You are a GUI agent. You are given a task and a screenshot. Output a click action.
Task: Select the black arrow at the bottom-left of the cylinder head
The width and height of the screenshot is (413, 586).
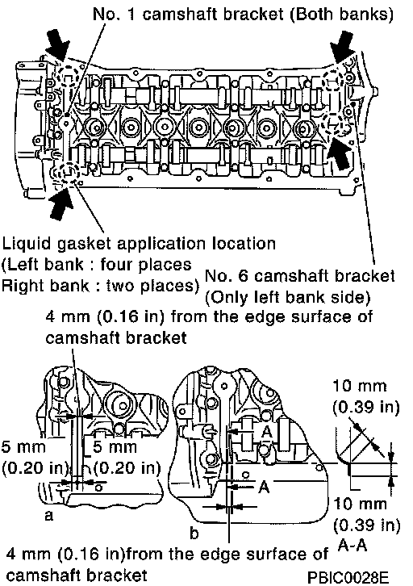click(60, 205)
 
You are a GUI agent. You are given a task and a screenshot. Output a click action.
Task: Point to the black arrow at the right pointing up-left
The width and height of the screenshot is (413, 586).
click(339, 153)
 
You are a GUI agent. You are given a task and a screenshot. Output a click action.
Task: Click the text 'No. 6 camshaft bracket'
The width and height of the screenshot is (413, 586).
click(300, 276)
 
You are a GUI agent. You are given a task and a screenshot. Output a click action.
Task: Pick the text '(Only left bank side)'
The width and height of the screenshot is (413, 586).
click(288, 298)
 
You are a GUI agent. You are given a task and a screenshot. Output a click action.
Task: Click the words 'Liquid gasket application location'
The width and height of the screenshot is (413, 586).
click(139, 244)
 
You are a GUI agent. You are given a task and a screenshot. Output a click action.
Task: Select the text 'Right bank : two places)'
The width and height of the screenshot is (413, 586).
click(101, 286)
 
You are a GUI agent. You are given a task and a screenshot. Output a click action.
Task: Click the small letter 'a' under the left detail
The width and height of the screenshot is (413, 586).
click(49, 515)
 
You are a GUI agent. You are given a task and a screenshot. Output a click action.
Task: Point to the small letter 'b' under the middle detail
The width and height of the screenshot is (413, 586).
click(194, 533)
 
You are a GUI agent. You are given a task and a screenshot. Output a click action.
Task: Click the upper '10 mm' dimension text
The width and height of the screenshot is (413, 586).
click(360, 385)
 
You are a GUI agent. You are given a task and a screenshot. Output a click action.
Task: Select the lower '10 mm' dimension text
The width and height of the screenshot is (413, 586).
click(360, 504)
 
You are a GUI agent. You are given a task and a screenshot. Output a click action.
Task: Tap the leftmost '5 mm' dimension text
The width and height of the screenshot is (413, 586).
click(23, 447)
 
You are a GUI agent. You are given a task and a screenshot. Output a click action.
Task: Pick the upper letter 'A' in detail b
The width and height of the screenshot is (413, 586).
click(267, 432)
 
